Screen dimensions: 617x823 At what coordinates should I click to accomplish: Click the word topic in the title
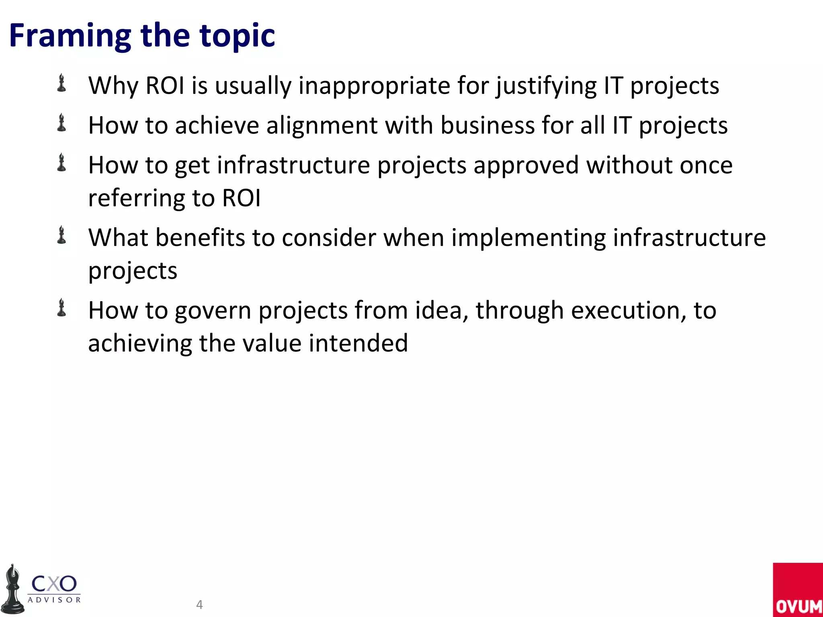click(x=237, y=36)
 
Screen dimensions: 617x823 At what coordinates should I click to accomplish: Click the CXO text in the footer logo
click(x=54, y=584)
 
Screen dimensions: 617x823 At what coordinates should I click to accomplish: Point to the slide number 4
click(x=199, y=604)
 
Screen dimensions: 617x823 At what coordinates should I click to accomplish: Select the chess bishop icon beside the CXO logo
click(x=13, y=589)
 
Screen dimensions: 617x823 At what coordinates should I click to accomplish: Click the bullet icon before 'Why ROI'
click(x=61, y=83)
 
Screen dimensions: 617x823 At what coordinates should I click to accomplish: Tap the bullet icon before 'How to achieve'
click(x=61, y=123)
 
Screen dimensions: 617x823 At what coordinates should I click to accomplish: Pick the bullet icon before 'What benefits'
click(x=61, y=235)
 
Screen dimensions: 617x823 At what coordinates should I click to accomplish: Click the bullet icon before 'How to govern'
click(x=61, y=308)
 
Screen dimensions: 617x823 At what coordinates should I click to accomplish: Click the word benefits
click(x=200, y=238)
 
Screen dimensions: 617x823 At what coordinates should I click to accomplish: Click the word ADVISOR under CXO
click(x=54, y=600)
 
